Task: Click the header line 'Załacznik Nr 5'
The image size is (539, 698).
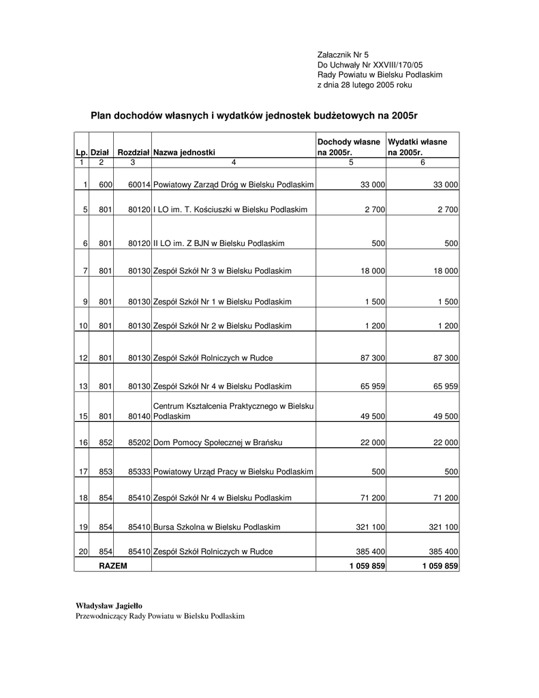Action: [343, 55]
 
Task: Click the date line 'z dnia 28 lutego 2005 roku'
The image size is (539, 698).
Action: [365, 85]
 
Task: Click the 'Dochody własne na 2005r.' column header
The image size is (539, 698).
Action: [349, 147]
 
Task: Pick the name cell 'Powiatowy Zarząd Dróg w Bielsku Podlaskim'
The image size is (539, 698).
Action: [234, 185]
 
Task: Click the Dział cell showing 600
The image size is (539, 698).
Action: [105, 185]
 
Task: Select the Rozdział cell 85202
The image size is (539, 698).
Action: [139, 442]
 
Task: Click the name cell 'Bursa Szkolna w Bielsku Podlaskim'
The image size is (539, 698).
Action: [212, 527]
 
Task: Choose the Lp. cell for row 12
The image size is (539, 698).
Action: [84, 358]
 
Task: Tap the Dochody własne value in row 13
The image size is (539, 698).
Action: [372, 386]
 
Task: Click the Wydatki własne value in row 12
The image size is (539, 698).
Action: [443, 358]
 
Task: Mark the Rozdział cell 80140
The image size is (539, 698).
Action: [139, 416]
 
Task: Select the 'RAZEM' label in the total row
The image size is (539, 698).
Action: [113, 566]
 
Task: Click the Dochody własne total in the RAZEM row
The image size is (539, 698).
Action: [367, 566]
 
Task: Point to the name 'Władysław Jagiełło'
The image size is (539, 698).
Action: [109, 605]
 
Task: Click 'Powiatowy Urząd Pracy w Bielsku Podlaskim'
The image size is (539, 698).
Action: [234, 471]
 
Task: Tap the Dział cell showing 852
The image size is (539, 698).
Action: [105, 442]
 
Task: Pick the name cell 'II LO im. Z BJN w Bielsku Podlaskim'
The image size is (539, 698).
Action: [219, 243]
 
